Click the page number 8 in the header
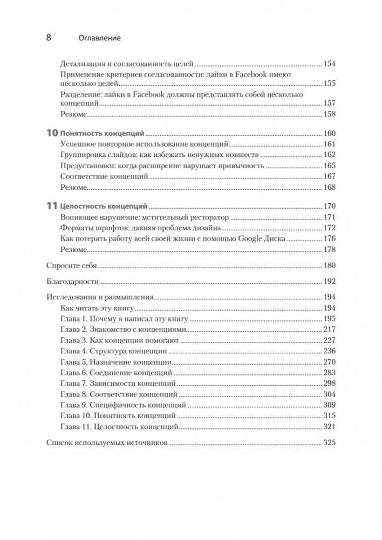(48, 38)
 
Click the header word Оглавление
(99, 38)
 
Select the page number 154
(329, 64)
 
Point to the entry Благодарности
(72, 281)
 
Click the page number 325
(329, 443)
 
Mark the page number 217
(329, 330)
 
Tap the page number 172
(329, 228)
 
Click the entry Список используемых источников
(107, 443)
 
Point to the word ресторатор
(207, 217)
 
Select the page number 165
(329, 165)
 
